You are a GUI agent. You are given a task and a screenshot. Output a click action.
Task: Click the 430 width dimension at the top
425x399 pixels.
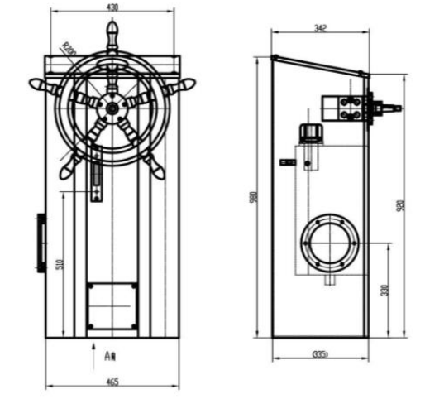pos(113,7)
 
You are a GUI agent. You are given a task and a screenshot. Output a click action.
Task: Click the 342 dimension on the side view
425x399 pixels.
pos(320,28)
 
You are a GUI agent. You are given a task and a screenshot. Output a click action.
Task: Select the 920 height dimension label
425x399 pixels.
pos(401,204)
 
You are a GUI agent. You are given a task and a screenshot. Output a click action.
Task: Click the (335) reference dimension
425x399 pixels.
pos(321,354)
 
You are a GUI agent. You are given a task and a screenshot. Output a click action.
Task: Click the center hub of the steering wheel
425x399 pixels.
pos(112,108)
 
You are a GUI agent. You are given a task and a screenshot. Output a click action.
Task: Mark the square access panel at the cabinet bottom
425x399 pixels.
pos(112,304)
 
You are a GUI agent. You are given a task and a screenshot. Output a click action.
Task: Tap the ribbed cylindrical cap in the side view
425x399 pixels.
pos(310,132)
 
